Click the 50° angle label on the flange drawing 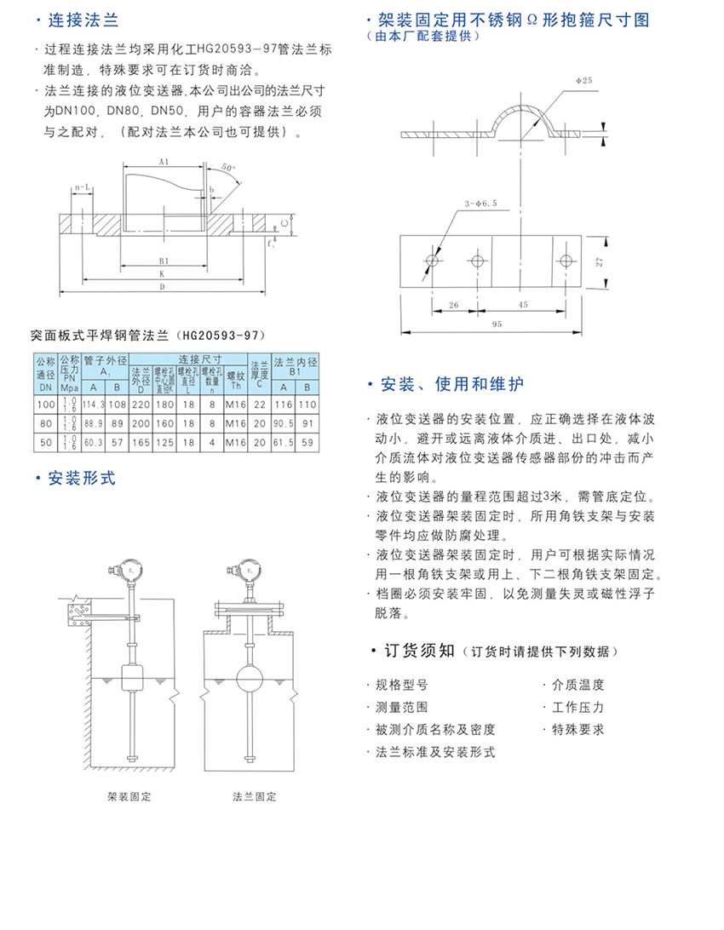[x=227, y=168]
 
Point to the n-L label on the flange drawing [x=83, y=186]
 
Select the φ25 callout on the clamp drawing [x=583, y=79]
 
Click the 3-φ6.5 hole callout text [x=480, y=204]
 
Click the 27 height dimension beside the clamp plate [x=600, y=263]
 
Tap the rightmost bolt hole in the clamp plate [x=562, y=261]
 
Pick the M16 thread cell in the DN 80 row [x=235, y=423]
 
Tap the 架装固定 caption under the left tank [x=129, y=797]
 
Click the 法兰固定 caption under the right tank [x=255, y=797]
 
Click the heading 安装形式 [x=81, y=479]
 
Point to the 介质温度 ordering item [x=578, y=685]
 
